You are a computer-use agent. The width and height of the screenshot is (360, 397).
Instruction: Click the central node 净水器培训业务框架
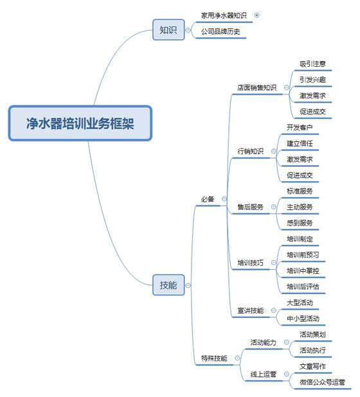pyautogui.click(x=80, y=123)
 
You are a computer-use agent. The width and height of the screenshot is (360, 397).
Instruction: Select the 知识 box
pyautogui.click(x=168, y=30)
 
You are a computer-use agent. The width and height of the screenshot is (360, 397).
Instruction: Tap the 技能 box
pyautogui.click(x=168, y=285)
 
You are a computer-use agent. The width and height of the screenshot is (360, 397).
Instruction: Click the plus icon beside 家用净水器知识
pyautogui.click(x=256, y=15)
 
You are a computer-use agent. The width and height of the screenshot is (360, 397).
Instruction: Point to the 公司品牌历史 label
pyautogui.click(x=221, y=31)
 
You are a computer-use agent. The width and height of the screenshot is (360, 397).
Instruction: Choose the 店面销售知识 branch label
pyautogui.click(x=256, y=87)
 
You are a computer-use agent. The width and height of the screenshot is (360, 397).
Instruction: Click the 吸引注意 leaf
pyautogui.click(x=312, y=64)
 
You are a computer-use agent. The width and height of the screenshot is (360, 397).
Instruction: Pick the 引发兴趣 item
pyautogui.click(x=312, y=80)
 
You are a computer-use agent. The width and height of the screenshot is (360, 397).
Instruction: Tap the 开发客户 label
pyautogui.click(x=300, y=127)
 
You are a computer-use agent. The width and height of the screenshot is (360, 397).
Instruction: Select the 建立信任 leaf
pyautogui.click(x=300, y=143)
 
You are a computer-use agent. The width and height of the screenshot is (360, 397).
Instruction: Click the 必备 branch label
pyautogui.click(x=208, y=199)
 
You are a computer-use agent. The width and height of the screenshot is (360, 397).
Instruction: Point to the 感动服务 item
pyautogui.click(x=300, y=223)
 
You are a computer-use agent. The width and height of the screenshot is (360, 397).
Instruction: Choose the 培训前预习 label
pyautogui.click(x=303, y=254)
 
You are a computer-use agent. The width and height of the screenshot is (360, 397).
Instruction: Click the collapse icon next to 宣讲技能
pyautogui.click(x=274, y=310)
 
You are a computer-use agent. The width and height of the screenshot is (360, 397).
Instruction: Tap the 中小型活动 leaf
pyautogui.click(x=303, y=318)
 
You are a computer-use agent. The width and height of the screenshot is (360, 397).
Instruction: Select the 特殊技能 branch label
pyautogui.click(x=214, y=358)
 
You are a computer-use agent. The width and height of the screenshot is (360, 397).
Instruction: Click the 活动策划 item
pyautogui.click(x=312, y=335)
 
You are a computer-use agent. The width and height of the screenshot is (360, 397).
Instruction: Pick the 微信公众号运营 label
pyautogui.click(x=322, y=382)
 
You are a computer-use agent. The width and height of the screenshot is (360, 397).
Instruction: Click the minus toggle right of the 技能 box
pyautogui.click(x=188, y=285)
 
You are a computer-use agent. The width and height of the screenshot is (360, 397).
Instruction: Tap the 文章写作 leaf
pyautogui.click(x=312, y=366)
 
